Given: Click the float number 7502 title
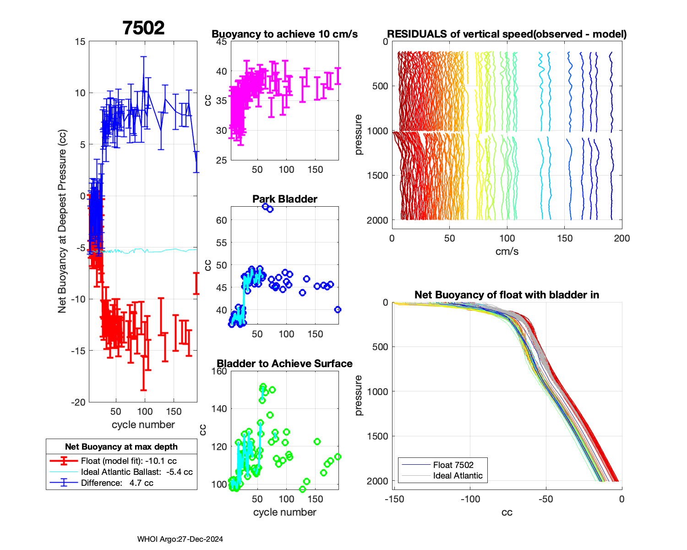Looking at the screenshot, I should point(143,28).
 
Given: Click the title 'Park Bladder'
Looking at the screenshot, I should point(285,199).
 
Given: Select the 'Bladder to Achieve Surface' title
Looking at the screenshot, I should point(284,363).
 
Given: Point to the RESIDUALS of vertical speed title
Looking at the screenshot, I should point(507,34).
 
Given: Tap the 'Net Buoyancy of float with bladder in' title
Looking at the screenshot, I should point(507,295).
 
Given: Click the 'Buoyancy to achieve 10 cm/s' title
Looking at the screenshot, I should point(284,34).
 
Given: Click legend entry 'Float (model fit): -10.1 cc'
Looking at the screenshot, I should point(129,461).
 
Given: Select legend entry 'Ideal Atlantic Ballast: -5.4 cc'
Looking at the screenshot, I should point(136,472).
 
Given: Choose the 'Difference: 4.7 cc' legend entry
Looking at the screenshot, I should point(117,483).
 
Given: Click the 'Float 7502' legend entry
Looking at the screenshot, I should point(453,465).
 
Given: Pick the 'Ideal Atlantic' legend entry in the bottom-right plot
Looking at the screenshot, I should point(458,476).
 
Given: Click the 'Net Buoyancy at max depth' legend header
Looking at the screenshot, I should point(121,447).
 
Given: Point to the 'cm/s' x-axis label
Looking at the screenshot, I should point(507,251).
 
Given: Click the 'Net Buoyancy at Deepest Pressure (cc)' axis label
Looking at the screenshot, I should point(62,221).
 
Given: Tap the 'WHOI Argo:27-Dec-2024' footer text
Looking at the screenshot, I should point(180,539).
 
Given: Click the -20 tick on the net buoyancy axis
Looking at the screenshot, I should point(78,402).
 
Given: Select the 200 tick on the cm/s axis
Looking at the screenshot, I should point(622,238).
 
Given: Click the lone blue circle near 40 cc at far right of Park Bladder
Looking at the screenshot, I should point(338,310).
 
